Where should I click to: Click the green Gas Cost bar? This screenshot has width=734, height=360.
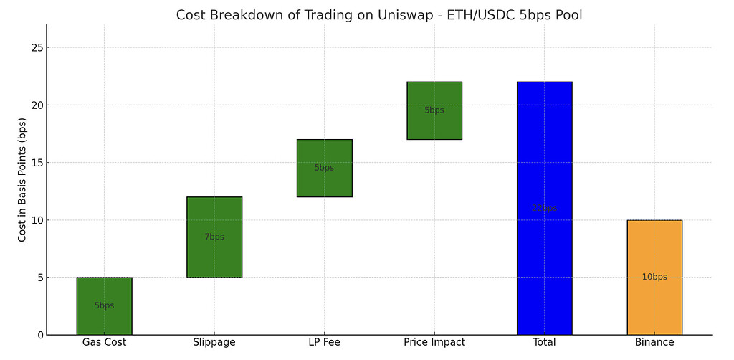point(104,305)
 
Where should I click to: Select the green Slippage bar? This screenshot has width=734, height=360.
point(214,237)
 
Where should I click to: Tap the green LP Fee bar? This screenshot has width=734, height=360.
point(324,168)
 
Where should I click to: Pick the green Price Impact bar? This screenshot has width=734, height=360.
point(434,110)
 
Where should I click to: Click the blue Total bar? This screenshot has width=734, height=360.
point(544,208)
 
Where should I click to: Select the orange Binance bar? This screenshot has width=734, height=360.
point(654,277)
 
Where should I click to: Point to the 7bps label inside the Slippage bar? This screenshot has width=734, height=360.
point(214,237)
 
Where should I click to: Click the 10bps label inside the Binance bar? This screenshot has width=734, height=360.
point(654,277)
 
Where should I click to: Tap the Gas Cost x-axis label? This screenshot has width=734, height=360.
point(104,343)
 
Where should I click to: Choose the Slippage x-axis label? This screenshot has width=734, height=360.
point(214,343)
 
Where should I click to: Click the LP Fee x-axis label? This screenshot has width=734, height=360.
point(324,343)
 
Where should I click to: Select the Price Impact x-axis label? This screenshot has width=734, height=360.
point(434,343)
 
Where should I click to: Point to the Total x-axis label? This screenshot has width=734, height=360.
point(544,343)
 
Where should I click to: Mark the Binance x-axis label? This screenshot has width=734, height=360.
point(654,343)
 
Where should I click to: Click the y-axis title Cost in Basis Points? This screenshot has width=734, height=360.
point(22,180)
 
